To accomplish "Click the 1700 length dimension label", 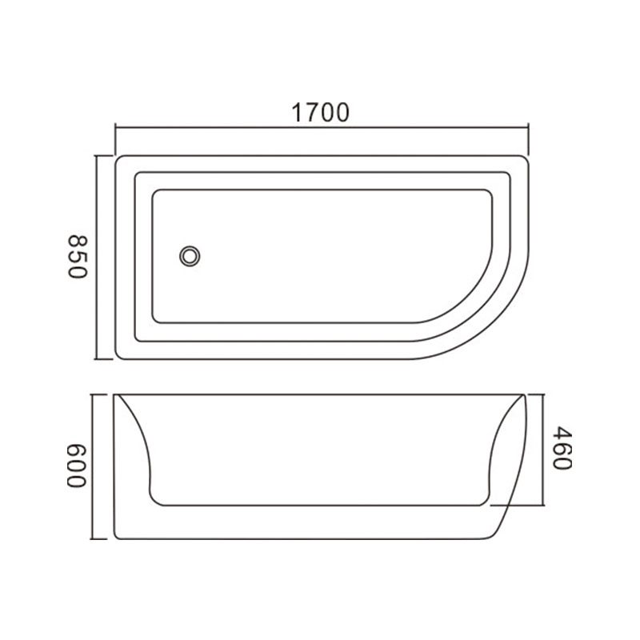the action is (321, 113).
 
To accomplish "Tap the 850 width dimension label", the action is (78, 257).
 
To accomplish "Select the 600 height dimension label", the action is (77, 466).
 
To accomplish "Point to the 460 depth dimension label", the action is (562, 448).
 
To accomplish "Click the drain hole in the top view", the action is (190, 256).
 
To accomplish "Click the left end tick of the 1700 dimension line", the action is (115, 138).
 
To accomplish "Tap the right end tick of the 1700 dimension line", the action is (529, 138).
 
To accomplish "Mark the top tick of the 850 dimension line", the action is (103, 155).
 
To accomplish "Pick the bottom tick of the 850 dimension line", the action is (103, 359).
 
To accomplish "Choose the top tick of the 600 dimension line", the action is (98, 394).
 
